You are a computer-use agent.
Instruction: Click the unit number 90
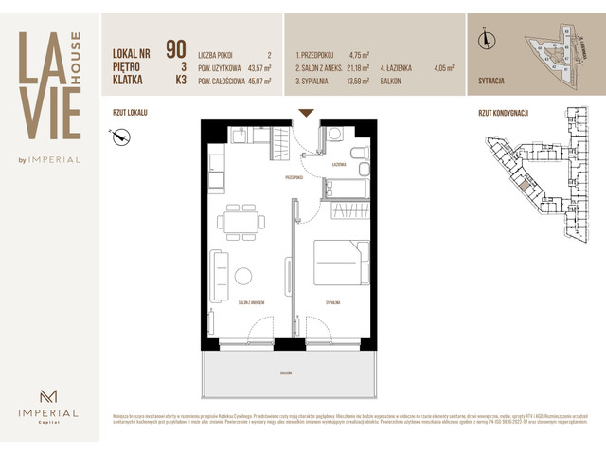coord(175,48)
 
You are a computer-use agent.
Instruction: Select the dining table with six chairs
coord(235,222)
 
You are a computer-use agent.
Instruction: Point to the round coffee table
coord(243,277)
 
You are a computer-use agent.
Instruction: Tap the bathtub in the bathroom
coord(348,188)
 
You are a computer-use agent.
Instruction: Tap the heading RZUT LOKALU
coord(130,112)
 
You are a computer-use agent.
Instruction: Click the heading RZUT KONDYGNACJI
coord(503,112)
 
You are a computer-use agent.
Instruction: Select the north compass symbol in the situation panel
coord(486,39)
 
